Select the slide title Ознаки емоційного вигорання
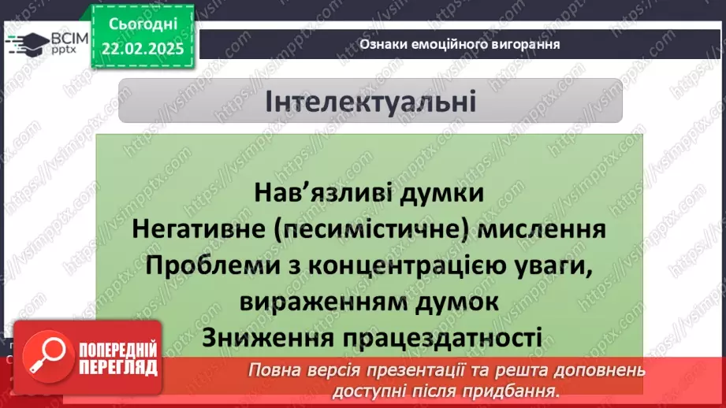(x=460, y=44)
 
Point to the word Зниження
(x=266, y=336)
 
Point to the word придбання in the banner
(x=512, y=391)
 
